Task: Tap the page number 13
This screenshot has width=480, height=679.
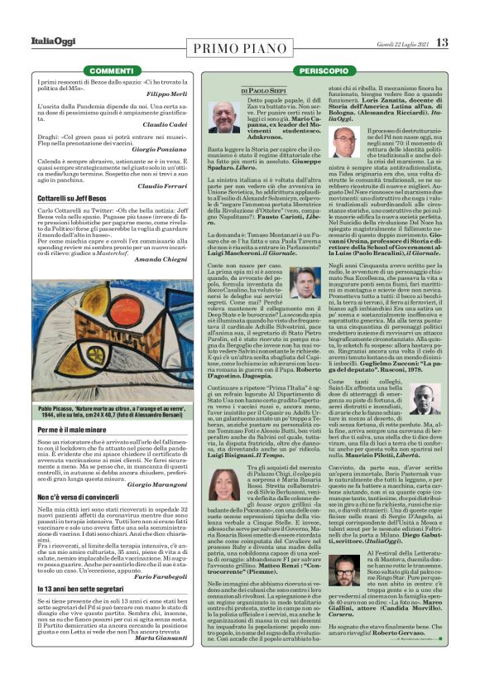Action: coord(443,42)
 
